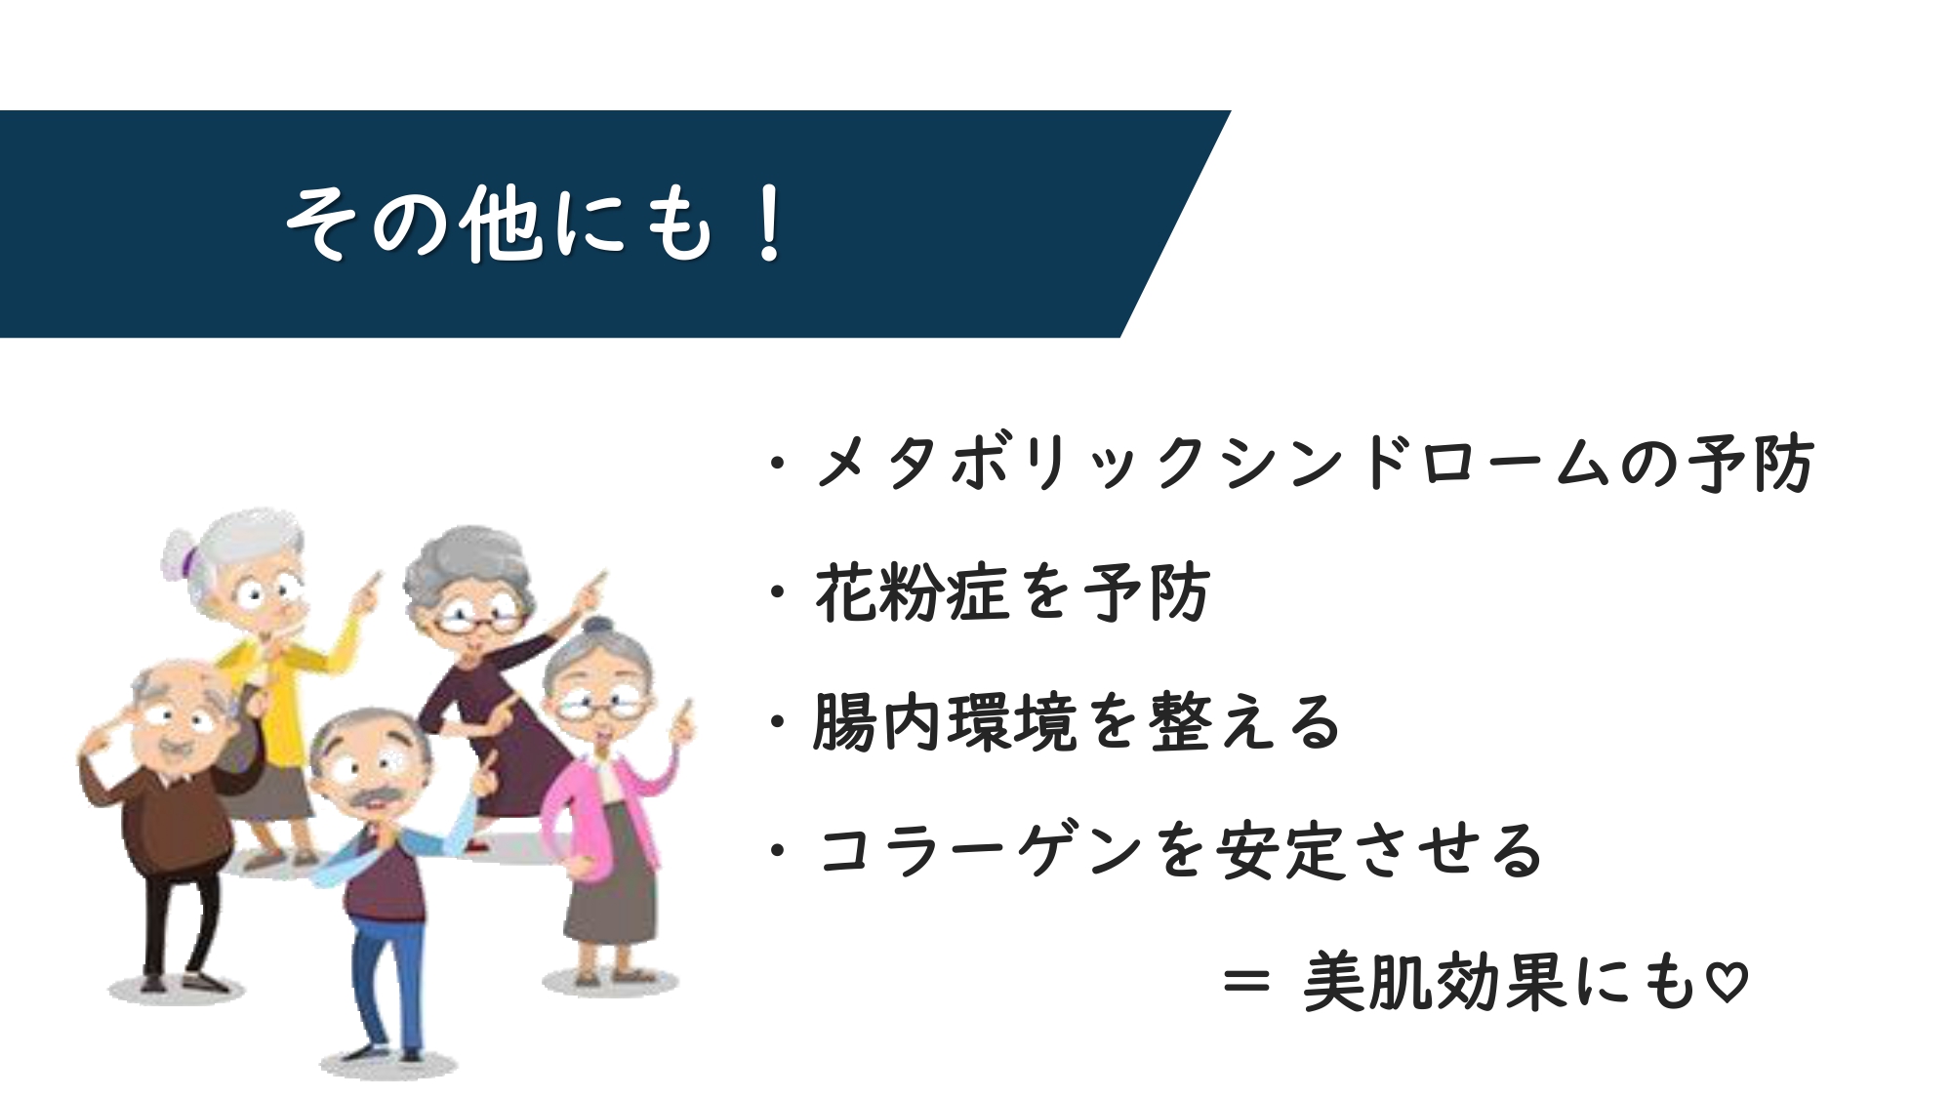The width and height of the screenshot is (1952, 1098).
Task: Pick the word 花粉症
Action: tap(912, 591)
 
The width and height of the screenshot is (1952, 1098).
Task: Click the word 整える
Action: tap(1245, 722)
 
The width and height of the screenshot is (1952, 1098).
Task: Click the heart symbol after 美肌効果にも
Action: tap(1727, 982)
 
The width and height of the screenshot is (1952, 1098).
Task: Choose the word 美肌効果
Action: tap(1436, 981)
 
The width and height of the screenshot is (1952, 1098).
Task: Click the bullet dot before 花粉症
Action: tap(778, 592)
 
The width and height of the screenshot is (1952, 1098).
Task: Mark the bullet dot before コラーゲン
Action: tap(778, 851)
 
